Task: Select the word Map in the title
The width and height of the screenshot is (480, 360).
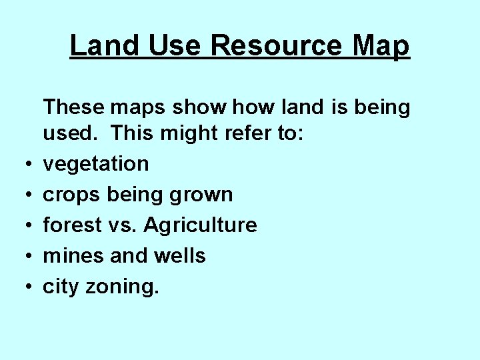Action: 383,46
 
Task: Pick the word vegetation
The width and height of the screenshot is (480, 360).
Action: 96,164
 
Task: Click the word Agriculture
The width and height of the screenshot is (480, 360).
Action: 200,225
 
